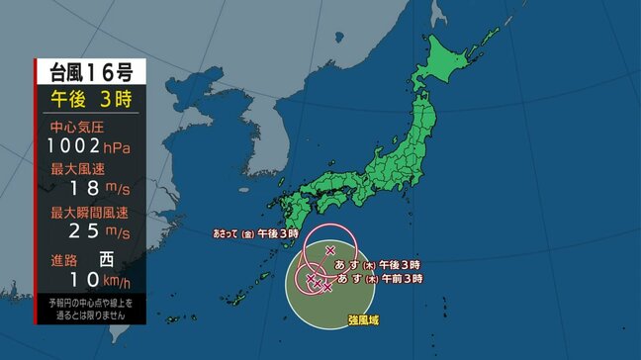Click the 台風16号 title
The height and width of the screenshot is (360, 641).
(91, 71)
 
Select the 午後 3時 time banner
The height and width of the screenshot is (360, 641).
(91, 99)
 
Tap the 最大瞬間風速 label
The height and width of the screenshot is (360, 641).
(83, 213)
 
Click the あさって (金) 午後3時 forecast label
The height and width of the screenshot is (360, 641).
(254, 234)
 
